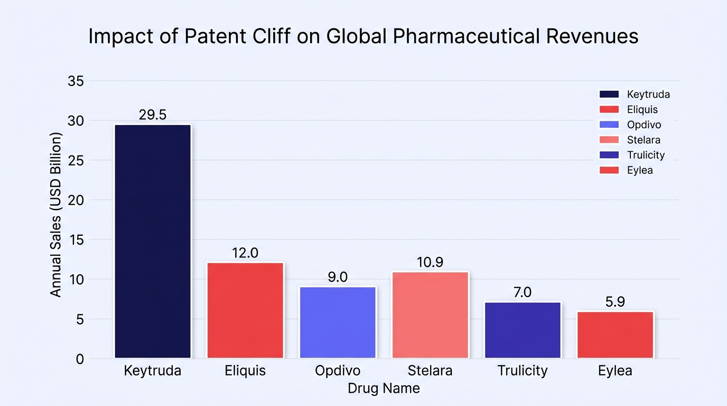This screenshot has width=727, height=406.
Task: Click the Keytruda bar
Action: click(153, 242)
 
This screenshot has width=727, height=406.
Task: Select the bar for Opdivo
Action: click(338, 322)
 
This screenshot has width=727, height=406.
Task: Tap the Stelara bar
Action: click(431, 315)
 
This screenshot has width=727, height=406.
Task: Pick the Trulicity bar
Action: click(523, 330)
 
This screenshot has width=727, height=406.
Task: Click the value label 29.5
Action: click(153, 115)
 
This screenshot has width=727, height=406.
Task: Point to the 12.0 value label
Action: click(245, 253)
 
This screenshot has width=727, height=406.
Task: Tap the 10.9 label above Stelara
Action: click(430, 262)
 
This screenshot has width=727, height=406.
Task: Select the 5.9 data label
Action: click(615, 302)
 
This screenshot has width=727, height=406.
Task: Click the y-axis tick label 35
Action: click(76, 81)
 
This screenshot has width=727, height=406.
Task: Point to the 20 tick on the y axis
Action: click(76, 200)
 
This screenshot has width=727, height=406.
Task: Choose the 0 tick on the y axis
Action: click(80, 359)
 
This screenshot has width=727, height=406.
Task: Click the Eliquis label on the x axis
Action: click(245, 371)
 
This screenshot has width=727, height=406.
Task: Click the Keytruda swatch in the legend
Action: click(609, 94)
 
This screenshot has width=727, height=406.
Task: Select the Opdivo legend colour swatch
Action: click(609, 124)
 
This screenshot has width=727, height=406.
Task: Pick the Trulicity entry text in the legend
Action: click(646, 155)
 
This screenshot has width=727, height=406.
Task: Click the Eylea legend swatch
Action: click(609, 170)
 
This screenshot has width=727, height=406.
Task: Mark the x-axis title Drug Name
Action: click(384, 389)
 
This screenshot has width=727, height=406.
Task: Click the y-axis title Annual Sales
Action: click(56, 215)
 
